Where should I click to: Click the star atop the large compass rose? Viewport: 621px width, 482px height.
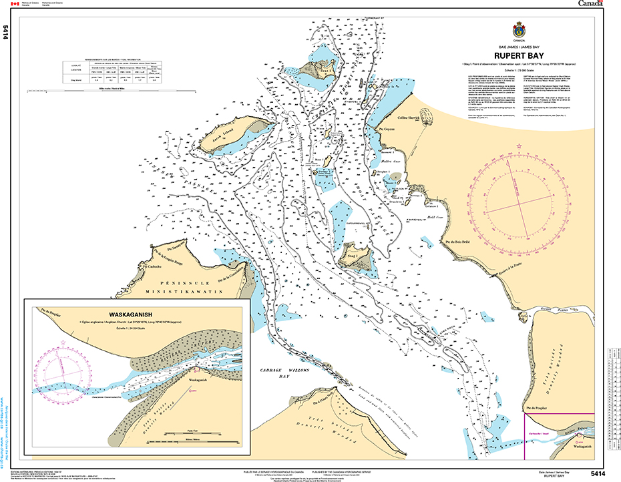pyautogui.click(x=519, y=145)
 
